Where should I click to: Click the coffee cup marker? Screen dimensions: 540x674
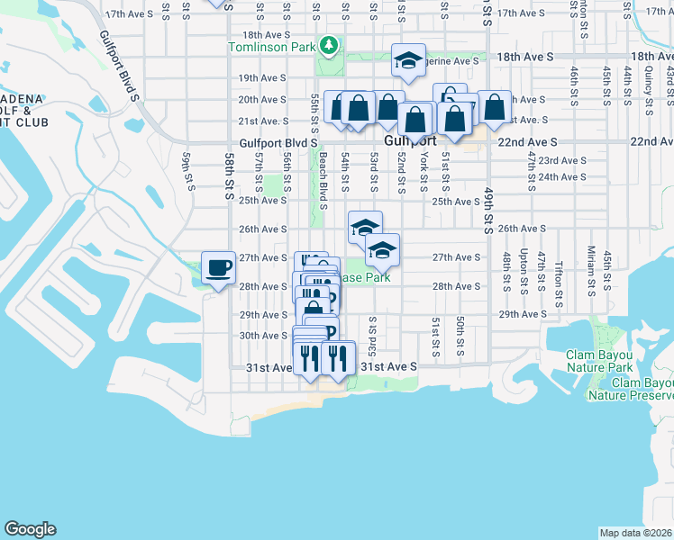(218, 267)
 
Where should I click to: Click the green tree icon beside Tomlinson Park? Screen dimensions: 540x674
(330, 44)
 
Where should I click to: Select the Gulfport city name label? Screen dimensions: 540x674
(410, 141)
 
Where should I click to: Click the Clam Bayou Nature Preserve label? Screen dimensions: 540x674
(631, 389)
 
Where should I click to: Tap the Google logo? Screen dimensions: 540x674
(30, 529)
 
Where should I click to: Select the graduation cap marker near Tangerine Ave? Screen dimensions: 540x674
(408, 61)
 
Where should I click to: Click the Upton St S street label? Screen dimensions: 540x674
(524, 271)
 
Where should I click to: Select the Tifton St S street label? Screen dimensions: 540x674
(559, 279)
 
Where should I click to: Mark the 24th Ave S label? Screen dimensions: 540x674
(563, 177)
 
